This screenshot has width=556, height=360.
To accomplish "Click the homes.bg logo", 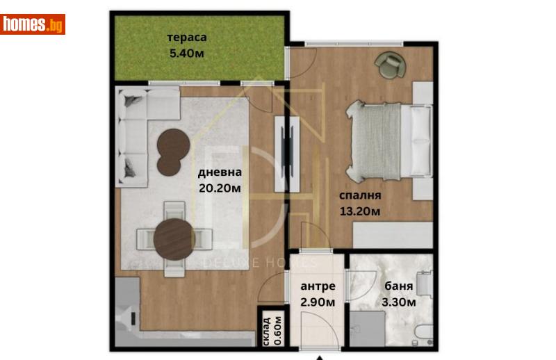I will point(33,24).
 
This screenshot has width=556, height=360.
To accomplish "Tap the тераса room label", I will point(187,38).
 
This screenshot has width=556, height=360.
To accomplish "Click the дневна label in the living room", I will point(220,172).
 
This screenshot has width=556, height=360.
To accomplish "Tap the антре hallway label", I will point(318,286).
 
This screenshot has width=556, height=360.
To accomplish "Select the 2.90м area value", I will point(318,302).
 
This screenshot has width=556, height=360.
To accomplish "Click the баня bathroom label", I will point(398,286).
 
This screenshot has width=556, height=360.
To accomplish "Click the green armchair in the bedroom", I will point(389,65).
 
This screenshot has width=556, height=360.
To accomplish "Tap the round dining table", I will point(173,238).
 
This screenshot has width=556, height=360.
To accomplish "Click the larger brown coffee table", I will point(172,144).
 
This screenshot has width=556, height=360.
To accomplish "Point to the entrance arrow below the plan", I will point(319,357).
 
